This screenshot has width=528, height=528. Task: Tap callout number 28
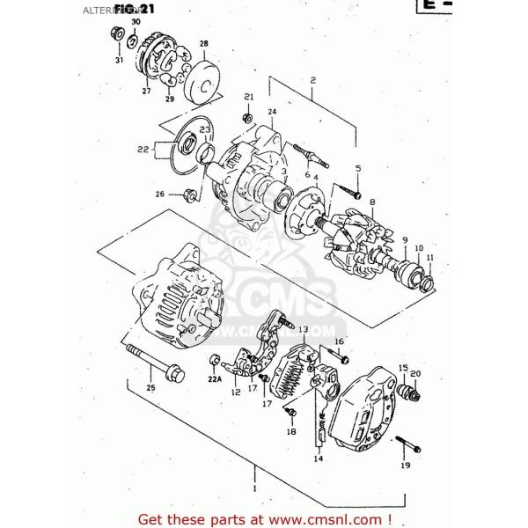[203, 43]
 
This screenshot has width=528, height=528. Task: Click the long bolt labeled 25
[158, 365]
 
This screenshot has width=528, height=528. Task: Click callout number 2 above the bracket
[312, 80]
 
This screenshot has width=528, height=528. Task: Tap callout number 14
[318, 458]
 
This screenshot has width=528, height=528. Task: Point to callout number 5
[357, 168]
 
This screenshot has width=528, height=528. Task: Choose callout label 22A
[214, 379]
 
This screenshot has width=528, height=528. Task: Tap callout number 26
[159, 194]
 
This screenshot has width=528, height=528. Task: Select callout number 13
[302, 329]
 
